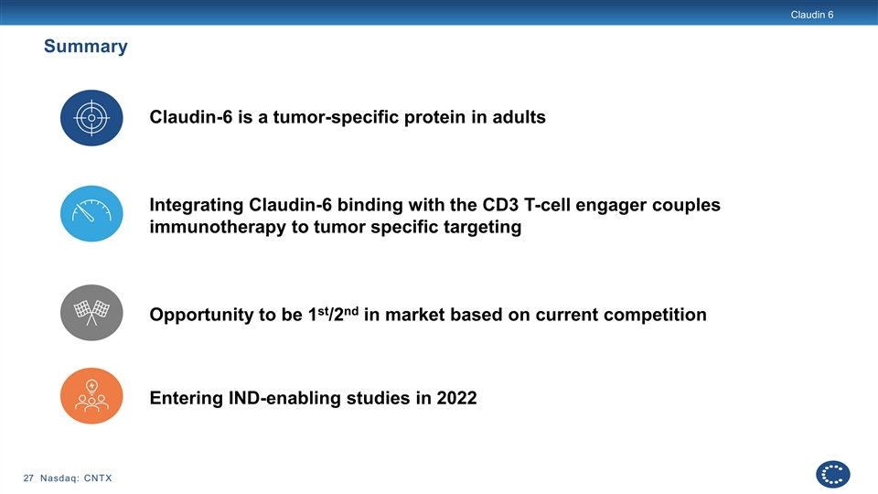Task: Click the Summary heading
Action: coord(86,46)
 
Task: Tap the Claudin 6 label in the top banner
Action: coord(812,15)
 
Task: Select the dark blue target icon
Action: coord(91,118)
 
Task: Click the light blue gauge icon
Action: coord(91,213)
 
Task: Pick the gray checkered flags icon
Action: coord(91,313)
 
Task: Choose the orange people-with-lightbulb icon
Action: coord(91,395)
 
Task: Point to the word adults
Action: coord(519,117)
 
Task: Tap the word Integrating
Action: coord(197,205)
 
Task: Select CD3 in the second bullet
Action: coord(500,204)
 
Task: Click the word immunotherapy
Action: coord(218,227)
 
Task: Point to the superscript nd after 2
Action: coord(351,310)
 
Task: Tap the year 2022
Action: coord(457,398)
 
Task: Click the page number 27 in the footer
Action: coord(28,478)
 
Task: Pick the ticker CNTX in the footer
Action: coord(98,478)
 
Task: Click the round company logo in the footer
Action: coord(832,475)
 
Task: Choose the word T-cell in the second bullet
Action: coord(547,204)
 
